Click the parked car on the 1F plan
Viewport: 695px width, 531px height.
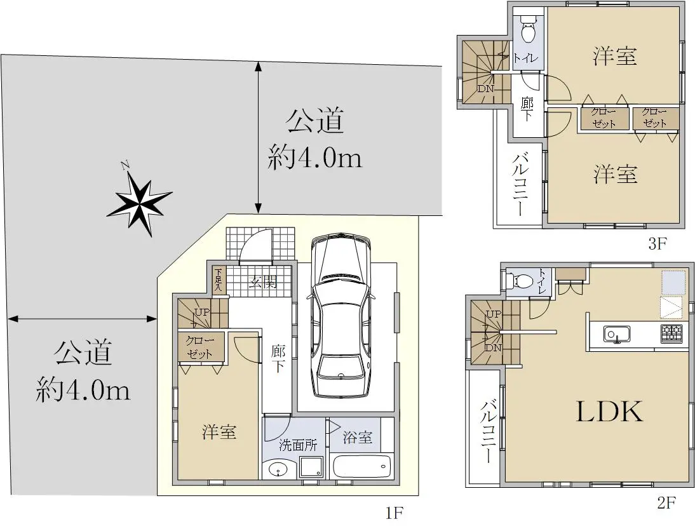tap(341, 316)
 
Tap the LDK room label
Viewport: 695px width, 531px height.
tap(609, 412)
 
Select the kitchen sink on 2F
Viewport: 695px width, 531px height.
tap(617, 334)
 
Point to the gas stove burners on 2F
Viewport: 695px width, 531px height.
tap(671, 333)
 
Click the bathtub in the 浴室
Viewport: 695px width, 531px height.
tap(360, 466)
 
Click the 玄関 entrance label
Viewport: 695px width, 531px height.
tap(263, 282)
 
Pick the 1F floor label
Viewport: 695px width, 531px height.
tap(394, 513)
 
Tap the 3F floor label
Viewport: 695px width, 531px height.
tap(658, 243)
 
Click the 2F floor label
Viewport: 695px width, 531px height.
tap(666, 502)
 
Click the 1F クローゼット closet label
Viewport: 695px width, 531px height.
tap(200, 347)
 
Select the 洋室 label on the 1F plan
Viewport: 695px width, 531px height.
tap(219, 432)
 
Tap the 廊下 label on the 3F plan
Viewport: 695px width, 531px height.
tap(527, 109)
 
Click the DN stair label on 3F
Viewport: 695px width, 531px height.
tap(486, 89)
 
